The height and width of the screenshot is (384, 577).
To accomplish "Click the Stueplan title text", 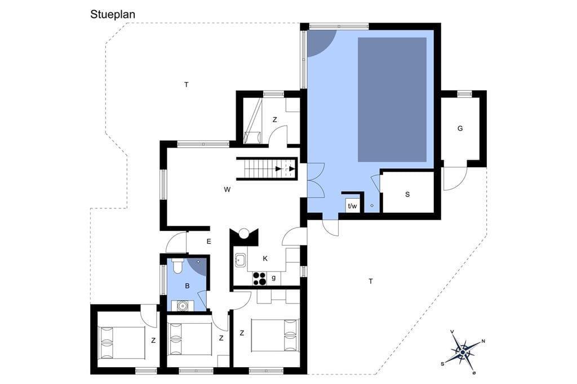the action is point(113,15).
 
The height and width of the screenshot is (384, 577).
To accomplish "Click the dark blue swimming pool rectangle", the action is point(392,99).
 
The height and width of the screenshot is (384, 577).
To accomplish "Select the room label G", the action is point(460,128).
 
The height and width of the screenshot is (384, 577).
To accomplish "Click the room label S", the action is point(407,195).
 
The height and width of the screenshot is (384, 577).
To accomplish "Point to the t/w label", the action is point(353,206).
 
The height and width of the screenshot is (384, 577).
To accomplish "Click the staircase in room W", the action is point(267,169).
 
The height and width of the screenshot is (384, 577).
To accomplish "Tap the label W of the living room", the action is point(227,190).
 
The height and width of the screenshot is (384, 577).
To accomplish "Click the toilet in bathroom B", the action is point(177,266).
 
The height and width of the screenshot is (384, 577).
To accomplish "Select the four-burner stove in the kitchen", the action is point(259,278).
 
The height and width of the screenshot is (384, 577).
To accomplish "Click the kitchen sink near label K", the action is point(240,260).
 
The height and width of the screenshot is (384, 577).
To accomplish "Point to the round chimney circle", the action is point(243,233).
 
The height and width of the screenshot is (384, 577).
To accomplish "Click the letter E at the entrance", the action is point(208,242).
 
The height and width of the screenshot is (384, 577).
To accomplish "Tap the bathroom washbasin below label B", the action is point(182,305).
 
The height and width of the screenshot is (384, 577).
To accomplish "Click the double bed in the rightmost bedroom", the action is point(275,336).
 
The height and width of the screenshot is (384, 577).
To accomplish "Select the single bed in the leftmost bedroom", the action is point(122,343).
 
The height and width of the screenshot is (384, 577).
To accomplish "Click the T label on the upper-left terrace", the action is point(187,85).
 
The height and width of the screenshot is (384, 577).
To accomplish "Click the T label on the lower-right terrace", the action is point(371,282).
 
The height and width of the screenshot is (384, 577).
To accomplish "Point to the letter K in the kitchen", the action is point(265,258).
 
